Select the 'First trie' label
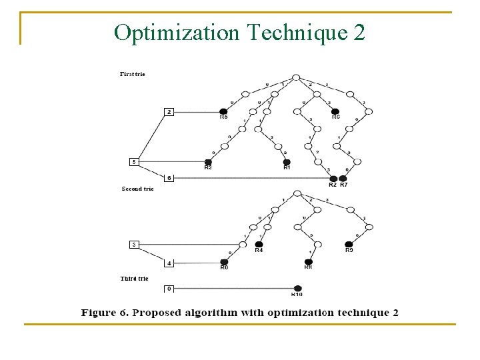pos(132,74)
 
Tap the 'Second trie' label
pos(137,189)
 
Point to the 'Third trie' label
pos(134,279)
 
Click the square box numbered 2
pos(169,112)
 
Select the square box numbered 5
pos(134,161)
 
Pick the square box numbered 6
pos(169,178)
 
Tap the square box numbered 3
pos(134,245)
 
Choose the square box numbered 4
pos(169,263)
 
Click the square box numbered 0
pos(169,288)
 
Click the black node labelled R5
pos(223,111)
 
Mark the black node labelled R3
pos(208,162)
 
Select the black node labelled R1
pos(287,162)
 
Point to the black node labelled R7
pos(343,178)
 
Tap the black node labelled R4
pos(259,245)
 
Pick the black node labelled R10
pos(297,288)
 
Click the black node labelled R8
pos(308,262)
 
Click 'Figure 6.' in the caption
pos(103,313)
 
